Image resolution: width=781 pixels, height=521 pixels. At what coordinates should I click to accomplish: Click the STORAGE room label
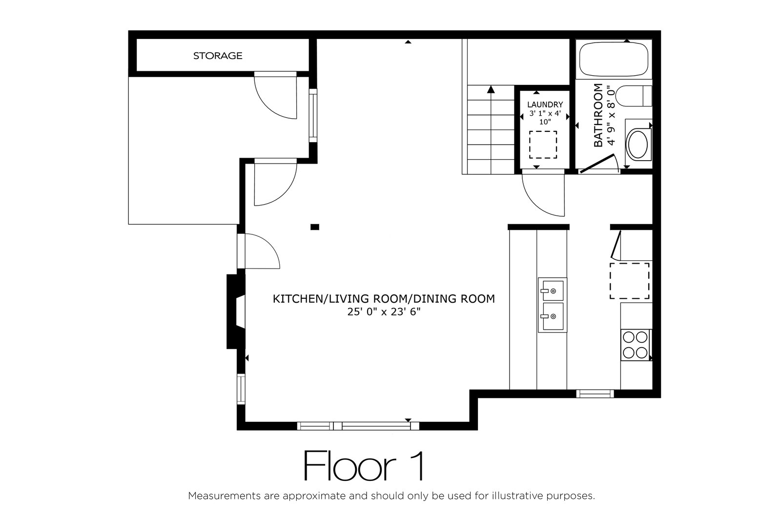pos(218,56)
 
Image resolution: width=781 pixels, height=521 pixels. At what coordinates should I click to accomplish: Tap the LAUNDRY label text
pos(545,104)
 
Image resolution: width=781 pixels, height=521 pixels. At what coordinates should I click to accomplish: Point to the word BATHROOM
pos(598,115)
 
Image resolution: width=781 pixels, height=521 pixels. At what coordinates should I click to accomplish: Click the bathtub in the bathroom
pos(614,59)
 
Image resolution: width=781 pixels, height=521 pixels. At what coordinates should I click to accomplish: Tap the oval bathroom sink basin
pos(637,145)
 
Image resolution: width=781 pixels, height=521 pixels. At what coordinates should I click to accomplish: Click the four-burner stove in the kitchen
pos(636,345)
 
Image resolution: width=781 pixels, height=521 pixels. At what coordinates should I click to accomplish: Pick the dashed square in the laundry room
pos(543,145)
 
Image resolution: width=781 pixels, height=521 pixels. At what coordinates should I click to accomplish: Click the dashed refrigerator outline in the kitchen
pos(629,281)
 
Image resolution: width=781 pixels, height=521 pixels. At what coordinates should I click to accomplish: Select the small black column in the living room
pos(315,227)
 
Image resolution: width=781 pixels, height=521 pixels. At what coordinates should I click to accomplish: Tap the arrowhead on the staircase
pos(491,89)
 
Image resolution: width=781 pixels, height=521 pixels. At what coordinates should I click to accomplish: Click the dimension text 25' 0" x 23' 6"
pos(384,312)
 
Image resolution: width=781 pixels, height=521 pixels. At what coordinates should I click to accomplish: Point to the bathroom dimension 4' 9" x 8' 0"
pos(611,115)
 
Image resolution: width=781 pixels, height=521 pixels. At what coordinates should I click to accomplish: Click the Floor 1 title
pos(364,465)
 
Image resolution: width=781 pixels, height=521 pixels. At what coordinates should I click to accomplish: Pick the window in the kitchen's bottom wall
pos(595,394)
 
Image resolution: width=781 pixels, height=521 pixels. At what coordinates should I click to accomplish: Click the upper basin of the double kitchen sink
pos(552,291)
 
